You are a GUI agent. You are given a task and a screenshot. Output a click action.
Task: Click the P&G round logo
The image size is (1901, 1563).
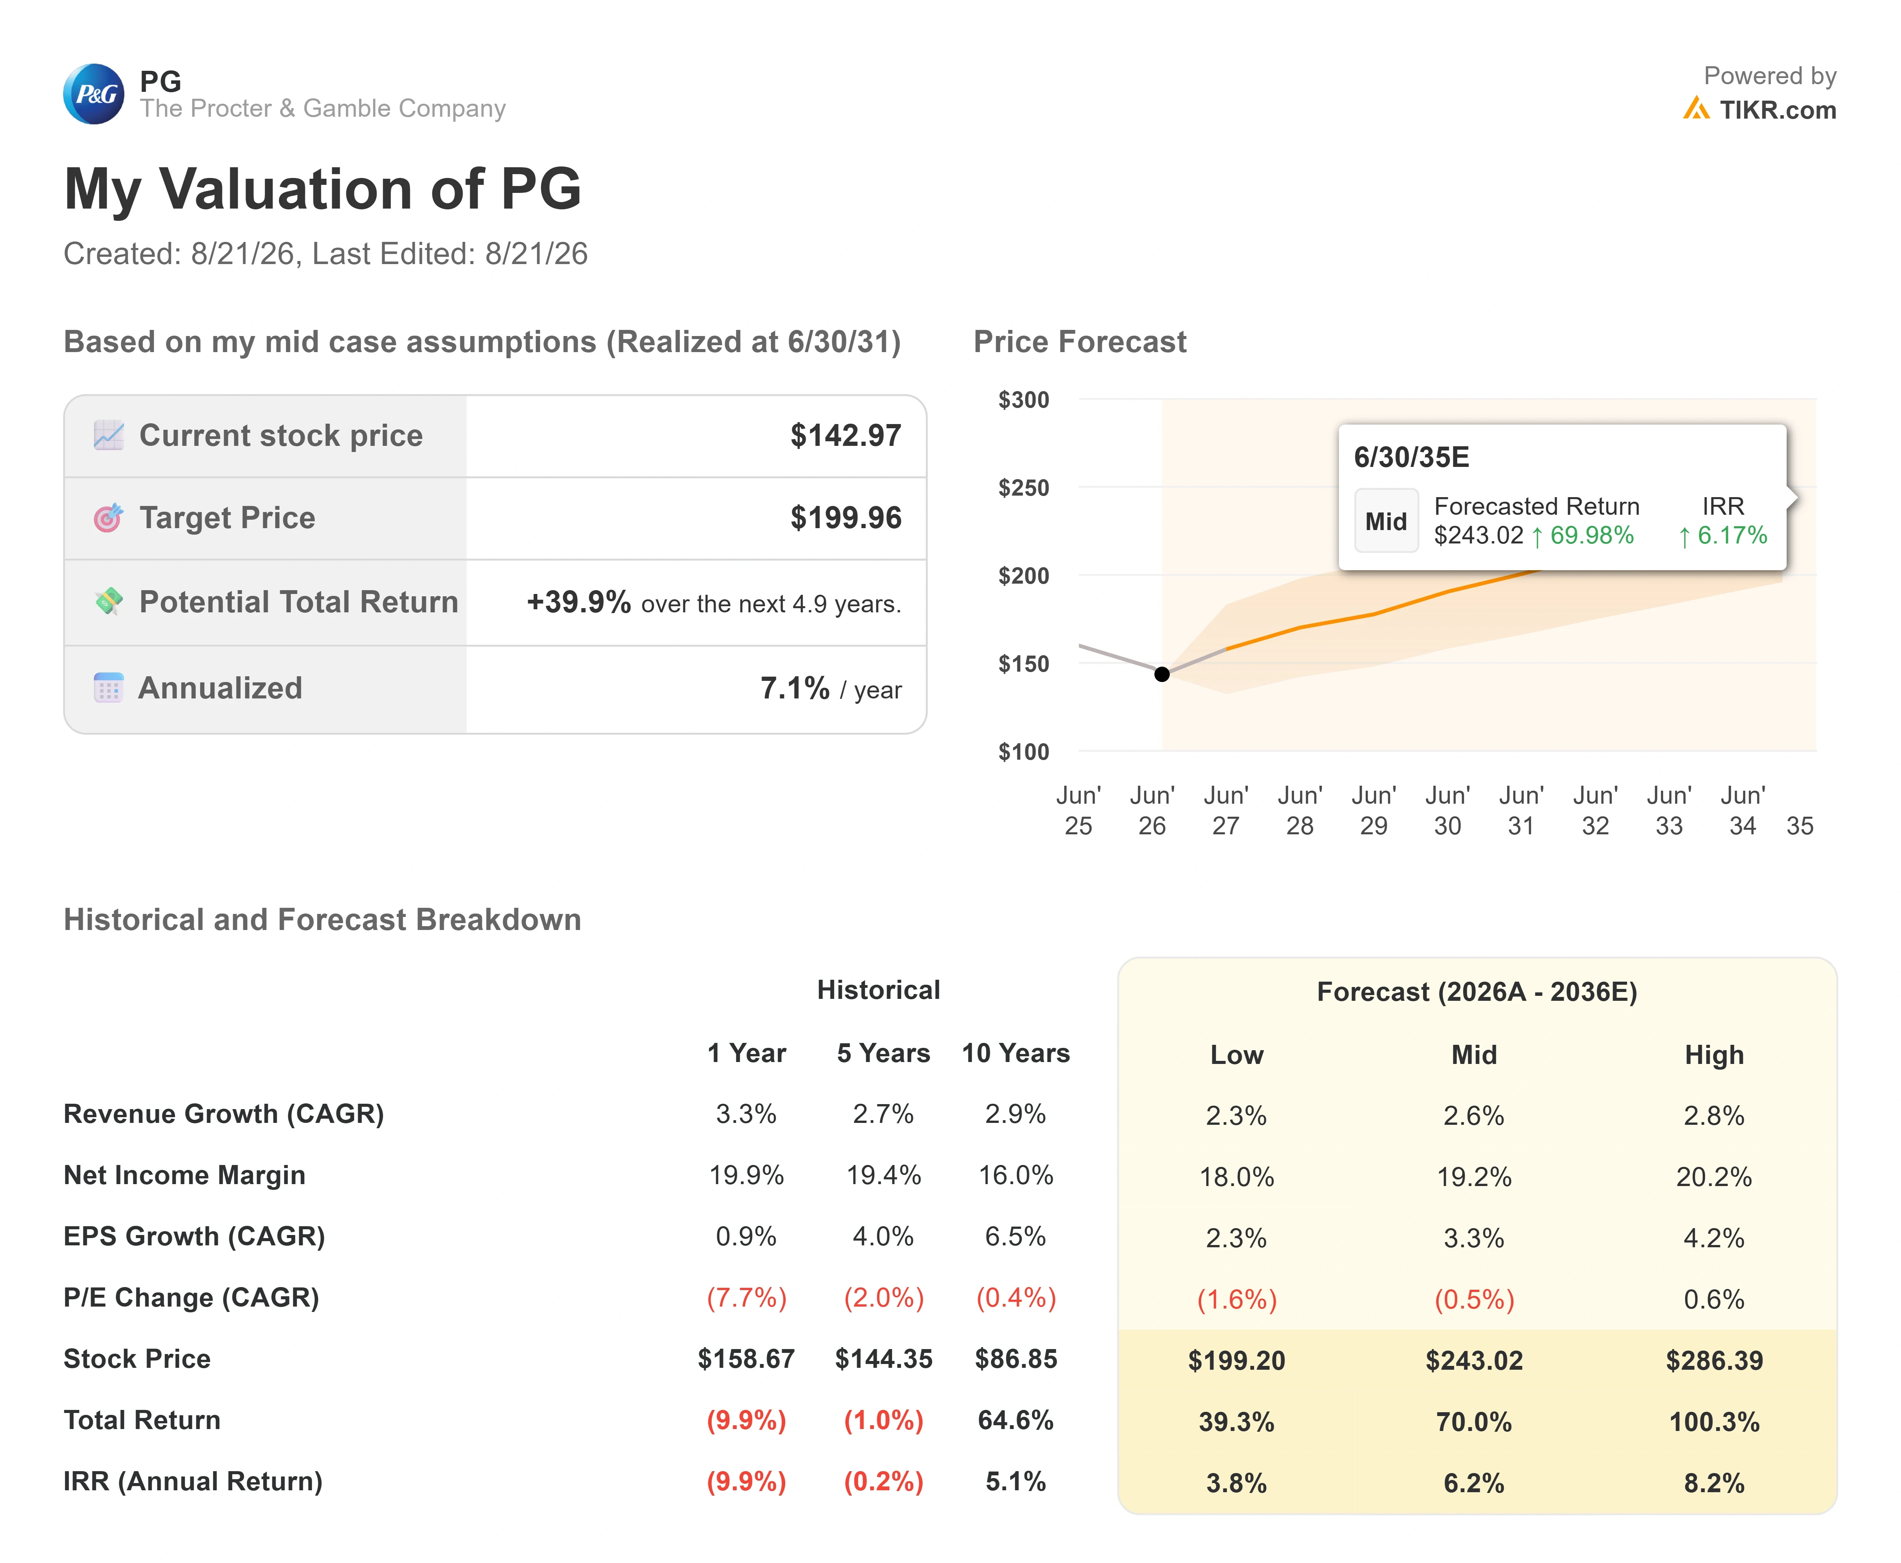(94, 94)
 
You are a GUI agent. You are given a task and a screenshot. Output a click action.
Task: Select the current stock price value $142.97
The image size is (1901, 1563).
(845, 436)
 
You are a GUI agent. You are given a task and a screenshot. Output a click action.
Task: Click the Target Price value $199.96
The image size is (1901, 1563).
(845, 518)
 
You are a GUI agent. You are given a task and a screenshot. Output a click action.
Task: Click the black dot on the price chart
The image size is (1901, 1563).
(1162, 674)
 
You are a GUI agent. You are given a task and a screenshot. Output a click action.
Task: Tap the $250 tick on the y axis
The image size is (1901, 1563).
(1024, 488)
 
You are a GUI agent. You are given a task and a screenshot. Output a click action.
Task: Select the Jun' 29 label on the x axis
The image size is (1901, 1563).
(1374, 810)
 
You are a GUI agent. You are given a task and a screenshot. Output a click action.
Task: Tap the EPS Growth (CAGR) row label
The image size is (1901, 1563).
(194, 1236)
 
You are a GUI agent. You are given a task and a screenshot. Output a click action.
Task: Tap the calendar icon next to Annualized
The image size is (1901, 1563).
(108, 688)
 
